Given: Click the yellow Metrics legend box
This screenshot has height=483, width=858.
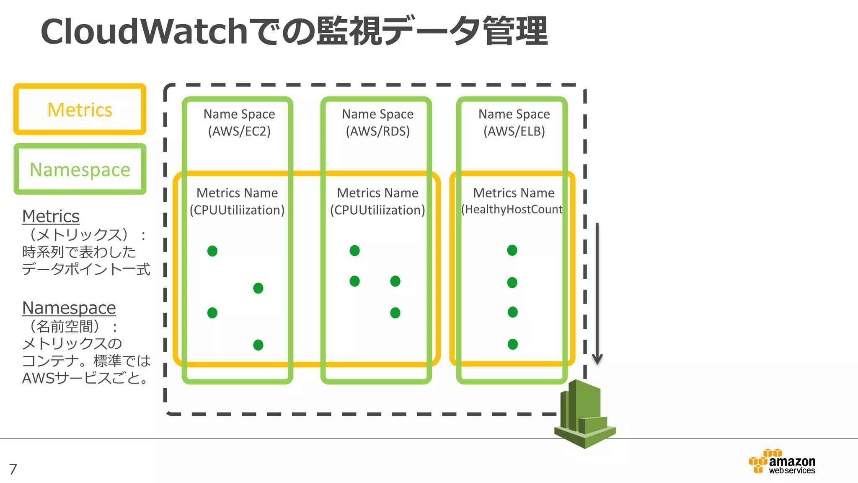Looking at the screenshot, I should (80, 109).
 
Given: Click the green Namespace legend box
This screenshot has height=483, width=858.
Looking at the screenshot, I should (80, 169).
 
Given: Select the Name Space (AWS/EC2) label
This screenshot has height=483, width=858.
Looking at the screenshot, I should (239, 122).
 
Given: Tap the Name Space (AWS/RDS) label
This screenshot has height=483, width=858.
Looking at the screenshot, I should (377, 122).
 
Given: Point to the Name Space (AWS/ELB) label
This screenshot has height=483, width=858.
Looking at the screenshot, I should (514, 122).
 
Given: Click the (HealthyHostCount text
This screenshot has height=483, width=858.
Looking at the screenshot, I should (512, 209).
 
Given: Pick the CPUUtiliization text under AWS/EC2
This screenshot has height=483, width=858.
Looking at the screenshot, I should (237, 210).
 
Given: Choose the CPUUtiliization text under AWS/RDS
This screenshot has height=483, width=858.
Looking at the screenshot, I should (377, 210).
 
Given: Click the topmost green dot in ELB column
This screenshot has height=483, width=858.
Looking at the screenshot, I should (512, 250).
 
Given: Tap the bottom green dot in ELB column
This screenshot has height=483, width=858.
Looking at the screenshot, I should (512, 344).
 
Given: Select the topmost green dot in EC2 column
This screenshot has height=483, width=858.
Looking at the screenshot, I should (212, 251).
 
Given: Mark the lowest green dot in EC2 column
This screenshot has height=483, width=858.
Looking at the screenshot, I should (258, 345).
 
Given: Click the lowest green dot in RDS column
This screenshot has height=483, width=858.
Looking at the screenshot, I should (395, 313).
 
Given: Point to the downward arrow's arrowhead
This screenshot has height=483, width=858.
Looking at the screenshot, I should (597, 360).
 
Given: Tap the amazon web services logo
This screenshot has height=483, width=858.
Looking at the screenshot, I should (782, 462).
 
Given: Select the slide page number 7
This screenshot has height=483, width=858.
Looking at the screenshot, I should (13, 469).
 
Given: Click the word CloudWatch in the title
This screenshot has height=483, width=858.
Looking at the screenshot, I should (144, 32).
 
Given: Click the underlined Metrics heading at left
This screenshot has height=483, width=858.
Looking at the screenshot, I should (51, 216).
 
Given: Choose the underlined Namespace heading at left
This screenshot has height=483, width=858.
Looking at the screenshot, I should (69, 308).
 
